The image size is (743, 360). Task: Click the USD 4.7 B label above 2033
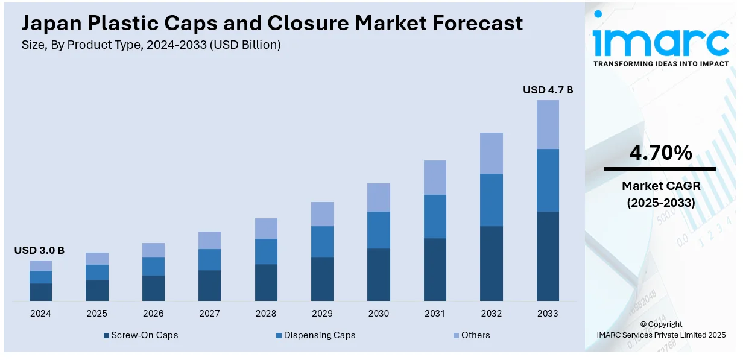point(548,90)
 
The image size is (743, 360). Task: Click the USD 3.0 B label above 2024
point(39,250)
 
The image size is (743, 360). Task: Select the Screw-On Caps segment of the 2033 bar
point(548,256)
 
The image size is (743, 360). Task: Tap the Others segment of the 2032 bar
point(492,153)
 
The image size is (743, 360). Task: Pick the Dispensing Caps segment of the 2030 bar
point(379,230)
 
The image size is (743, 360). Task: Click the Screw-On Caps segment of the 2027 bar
point(209,285)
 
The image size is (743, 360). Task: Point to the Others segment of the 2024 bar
point(40,265)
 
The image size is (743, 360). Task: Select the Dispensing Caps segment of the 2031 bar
point(435,216)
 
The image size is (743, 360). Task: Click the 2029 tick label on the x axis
point(322,314)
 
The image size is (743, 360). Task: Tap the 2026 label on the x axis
point(153,314)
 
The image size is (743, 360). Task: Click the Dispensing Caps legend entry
point(315,335)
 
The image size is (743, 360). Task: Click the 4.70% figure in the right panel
point(660,153)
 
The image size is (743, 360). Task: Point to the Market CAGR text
point(660,186)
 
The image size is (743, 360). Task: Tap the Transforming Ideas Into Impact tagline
point(660,63)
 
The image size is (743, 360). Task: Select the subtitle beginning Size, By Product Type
point(151,45)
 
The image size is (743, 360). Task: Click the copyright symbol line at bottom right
point(660,324)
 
